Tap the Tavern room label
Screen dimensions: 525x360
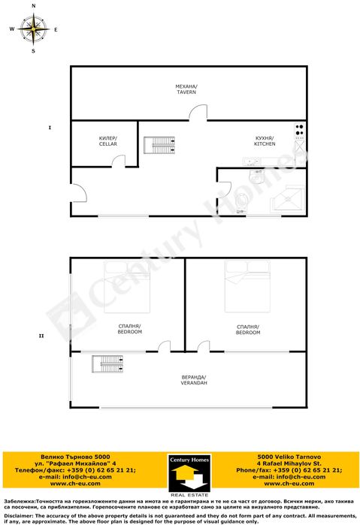pos(186,89)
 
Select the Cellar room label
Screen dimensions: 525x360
pos(107,140)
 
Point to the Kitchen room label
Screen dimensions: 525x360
pos(264,140)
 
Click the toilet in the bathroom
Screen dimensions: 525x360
pos(240,202)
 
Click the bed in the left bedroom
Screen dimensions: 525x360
pos(127,288)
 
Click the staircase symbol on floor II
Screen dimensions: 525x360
pos(107,364)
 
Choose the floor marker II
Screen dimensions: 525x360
pos(41,336)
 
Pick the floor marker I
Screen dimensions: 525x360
pos(49,128)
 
